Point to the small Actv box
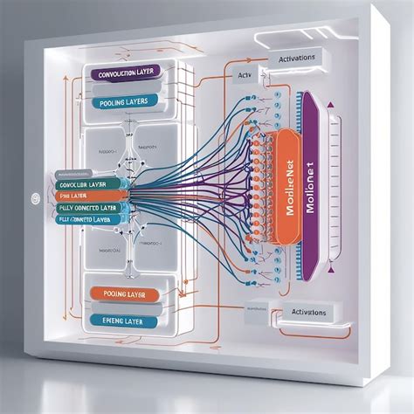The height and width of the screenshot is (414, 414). click(x=245, y=76)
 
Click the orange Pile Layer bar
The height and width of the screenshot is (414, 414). click(x=87, y=197)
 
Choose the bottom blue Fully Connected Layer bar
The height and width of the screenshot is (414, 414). click(x=87, y=220)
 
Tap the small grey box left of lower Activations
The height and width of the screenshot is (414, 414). click(x=258, y=307)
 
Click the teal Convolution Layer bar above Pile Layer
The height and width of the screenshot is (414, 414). click(x=87, y=185)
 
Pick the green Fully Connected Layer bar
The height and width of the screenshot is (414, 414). click(x=87, y=209)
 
